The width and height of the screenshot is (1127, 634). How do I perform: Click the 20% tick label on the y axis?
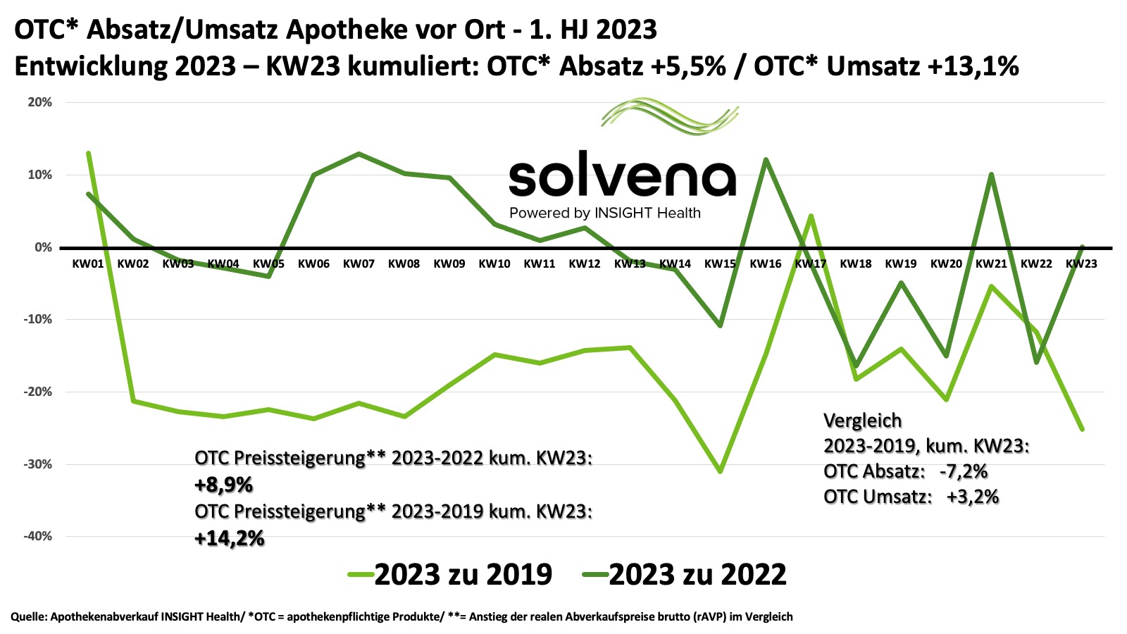[x=40, y=102]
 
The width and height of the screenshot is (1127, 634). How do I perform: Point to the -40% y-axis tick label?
[x=39, y=536]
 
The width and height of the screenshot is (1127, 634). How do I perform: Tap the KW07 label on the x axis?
[x=359, y=263]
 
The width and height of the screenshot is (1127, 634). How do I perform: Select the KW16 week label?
[x=766, y=263]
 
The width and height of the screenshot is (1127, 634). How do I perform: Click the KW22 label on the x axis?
[x=1036, y=263]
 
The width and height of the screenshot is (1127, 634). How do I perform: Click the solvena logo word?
[x=622, y=178]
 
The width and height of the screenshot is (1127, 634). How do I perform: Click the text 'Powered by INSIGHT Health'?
[x=605, y=213]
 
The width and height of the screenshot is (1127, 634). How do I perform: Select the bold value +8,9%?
[x=223, y=485]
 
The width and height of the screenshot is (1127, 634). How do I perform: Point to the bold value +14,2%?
[x=230, y=539]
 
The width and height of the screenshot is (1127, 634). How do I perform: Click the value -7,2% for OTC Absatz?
[x=963, y=471]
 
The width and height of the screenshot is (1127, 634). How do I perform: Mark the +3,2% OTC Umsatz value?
[x=972, y=497]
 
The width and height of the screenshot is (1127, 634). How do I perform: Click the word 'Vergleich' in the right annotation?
[x=862, y=421]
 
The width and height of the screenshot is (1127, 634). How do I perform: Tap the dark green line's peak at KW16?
[x=766, y=159]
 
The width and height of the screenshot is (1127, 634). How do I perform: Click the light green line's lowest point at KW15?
[x=720, y=471]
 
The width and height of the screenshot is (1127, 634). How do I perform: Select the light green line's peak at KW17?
[x=811, y=216]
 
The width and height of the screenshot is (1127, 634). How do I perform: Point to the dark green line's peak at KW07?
[x=359, y=154]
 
